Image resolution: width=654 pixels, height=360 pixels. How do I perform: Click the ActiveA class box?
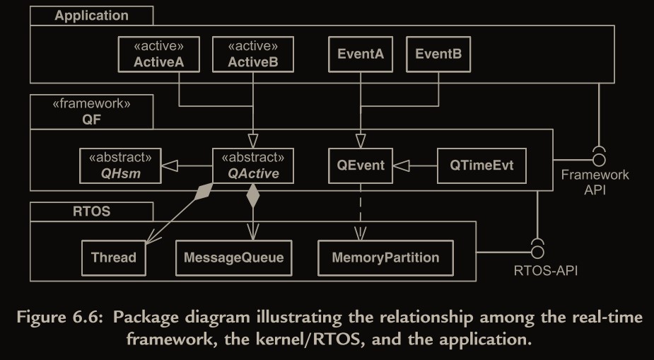coord(158,54)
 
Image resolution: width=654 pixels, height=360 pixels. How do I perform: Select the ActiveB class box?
coord(252,54)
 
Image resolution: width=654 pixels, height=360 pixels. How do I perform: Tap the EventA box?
coord(361,54)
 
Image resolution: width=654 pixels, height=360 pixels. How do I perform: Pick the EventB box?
coord(438,54)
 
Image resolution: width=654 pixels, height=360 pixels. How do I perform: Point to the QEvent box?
coord(361,166)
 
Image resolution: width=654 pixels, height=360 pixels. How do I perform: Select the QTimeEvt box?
coord(481,166)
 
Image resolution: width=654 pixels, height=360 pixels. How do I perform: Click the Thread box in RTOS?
coord(113,257)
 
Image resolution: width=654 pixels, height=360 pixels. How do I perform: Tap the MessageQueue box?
coord(233,257)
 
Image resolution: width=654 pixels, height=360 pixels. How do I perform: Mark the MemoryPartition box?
coord(385,257)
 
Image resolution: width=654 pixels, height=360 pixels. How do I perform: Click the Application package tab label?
coord(91,15)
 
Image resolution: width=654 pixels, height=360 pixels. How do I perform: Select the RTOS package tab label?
coord(91,211)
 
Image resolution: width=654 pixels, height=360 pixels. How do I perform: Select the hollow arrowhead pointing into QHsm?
coord(169,167)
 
